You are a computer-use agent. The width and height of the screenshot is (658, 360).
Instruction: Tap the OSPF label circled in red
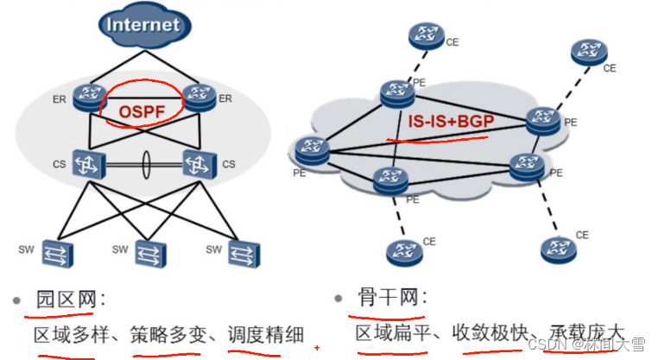pyautogui.click(x=141, y=111)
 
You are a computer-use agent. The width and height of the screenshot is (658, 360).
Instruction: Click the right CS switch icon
pyautogui.click(x=199, y=163)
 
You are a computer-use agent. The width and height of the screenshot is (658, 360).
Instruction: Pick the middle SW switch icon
pyautogui.click(x=149, y=253)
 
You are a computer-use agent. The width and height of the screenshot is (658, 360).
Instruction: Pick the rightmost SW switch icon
pyautogui.click(x=242, y=253)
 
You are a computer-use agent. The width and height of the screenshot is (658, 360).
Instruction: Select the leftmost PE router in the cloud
pyautogui.click(x=310, y=149)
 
